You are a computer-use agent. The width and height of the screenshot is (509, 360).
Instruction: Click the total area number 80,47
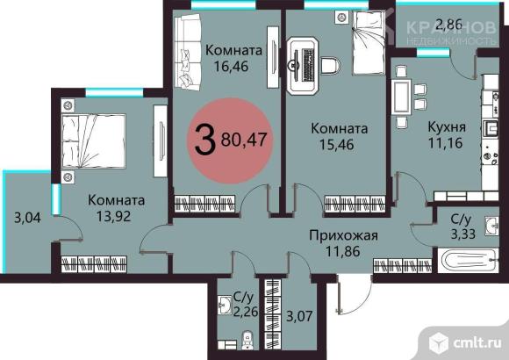pos(244,140)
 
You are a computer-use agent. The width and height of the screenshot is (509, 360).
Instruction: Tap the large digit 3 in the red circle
pos(205,140)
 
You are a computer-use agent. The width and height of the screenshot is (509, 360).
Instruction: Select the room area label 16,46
pos(231,66)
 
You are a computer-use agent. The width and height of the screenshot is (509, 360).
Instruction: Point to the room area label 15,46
pos(337,145)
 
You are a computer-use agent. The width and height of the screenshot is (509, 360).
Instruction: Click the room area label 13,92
pos(113,216)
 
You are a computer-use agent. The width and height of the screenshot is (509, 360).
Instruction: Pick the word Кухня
pos(447,127)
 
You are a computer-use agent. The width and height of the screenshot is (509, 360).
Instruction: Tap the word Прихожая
pos(343,235)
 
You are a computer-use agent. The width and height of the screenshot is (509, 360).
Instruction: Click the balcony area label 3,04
pos(27,218)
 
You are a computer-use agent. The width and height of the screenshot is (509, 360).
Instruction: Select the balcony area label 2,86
pos(449,25)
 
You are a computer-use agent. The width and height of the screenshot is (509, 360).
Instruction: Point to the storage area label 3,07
pos(299,316)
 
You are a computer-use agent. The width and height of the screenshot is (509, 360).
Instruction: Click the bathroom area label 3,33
pos(463,234)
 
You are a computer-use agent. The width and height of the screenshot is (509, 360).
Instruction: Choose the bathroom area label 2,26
pos(246,312)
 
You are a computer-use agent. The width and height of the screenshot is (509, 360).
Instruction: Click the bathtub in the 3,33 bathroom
pos(468,261)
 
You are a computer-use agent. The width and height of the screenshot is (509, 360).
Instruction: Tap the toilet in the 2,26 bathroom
pos(247,341)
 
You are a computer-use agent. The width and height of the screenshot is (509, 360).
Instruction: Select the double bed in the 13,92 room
pos(94,141)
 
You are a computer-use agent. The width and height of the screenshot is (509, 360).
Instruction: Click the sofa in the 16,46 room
pos(188,52)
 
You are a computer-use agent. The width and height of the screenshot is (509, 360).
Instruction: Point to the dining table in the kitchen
pos(402,97)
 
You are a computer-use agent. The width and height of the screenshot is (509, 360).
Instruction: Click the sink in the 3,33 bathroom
pos(492,225)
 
